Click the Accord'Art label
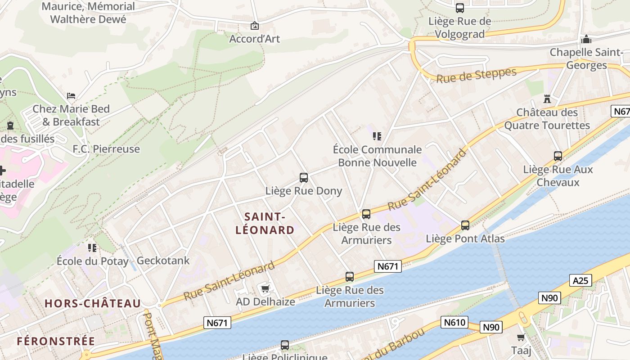click(255, 39)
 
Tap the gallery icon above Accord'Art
click(255, 26)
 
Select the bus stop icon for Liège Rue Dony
click(304, 178)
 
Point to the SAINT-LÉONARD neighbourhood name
click(265, 224)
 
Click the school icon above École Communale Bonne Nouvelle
click(377, 136)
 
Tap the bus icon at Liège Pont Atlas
click(465, 225)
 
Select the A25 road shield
click(580, 280)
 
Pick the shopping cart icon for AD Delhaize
click(265, 288)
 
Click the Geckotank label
click(163, 261)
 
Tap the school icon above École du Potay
click(92, 247)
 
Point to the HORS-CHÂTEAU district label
click(93, 304)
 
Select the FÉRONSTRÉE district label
click(56, 341)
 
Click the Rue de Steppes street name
click(477, 75)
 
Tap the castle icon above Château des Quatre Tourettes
click(547, 99)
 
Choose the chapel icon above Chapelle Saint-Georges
click(586, 39)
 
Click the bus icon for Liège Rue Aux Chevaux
click(558, 156)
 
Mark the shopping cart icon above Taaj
click(521, 337)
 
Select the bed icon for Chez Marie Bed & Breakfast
click(71, 96)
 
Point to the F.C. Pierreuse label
click(106, 149)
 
